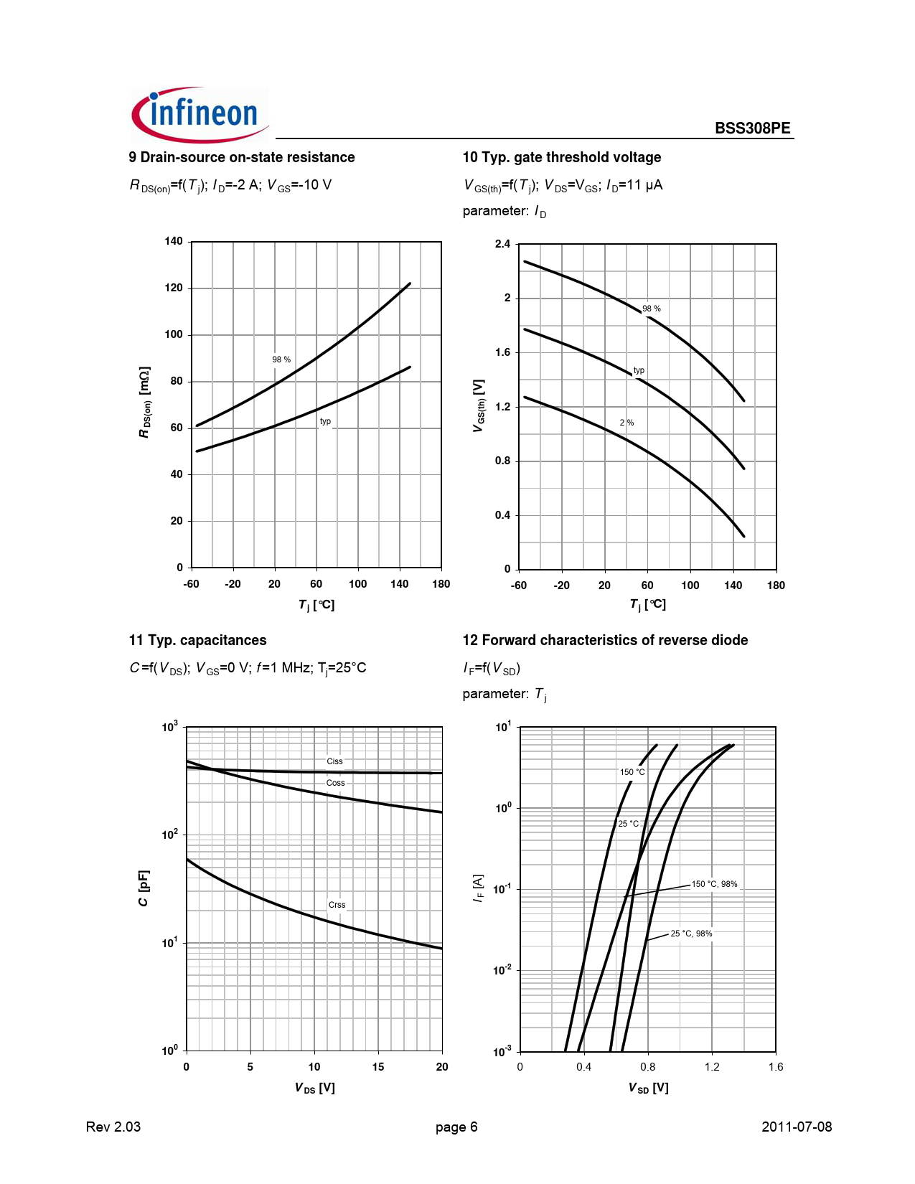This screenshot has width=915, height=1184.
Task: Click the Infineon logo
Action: click(200, 114)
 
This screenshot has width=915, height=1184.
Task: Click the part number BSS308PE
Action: click(752, 128)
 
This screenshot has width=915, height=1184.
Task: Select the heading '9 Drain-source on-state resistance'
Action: click(241, 157)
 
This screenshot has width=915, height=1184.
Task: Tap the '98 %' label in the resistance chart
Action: click(281, 360)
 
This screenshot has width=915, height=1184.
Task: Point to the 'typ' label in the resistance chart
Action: click(325, 421)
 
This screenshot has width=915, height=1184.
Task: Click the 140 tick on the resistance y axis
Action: click(174, 241)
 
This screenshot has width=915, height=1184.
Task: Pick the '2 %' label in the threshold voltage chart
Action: click(627, 422)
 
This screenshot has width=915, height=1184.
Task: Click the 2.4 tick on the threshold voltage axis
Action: click(502, 244)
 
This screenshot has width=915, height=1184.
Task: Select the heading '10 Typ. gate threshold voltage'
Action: click(562, 157)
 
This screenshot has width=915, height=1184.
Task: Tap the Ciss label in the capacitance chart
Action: click(334, 761)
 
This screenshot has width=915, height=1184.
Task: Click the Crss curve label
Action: click(337, 904)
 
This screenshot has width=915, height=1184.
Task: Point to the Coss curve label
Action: click(336, 783)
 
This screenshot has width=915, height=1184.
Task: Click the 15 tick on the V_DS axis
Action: click(378, 1067)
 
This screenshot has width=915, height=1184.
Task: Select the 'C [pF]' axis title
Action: click(144, 888)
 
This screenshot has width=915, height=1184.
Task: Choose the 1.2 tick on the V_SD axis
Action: click(712, 1067)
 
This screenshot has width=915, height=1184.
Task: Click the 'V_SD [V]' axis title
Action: click(649, 1088)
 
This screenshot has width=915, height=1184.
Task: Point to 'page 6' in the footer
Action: click(456, 1127)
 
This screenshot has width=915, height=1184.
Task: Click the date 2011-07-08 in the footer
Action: click(796, 1127)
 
